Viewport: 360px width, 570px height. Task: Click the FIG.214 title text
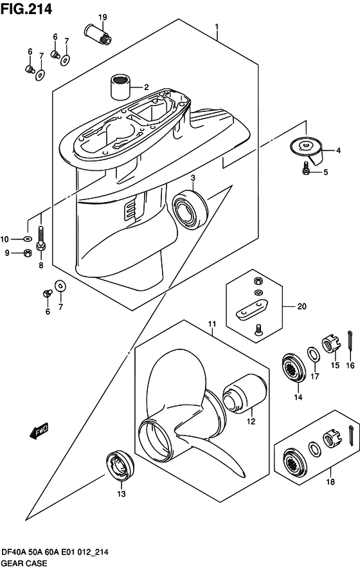coord(26,9)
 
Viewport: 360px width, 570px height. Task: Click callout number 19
coord(103,17)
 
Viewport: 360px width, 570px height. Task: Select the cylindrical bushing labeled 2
coord(120,87)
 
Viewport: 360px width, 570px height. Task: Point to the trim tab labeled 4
coord(309,150)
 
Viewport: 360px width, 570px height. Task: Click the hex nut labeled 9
coord(27,253)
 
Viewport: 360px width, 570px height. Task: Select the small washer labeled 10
coord(27,239)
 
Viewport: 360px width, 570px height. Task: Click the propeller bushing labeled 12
coord(245,394)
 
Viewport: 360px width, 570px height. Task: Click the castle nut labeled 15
coord(330,345)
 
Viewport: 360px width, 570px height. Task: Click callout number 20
coord(302,306)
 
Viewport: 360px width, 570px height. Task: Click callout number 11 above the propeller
coord(212,324)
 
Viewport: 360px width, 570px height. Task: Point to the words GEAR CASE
coord(24,563)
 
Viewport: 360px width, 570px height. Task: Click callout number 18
coord(330,482)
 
